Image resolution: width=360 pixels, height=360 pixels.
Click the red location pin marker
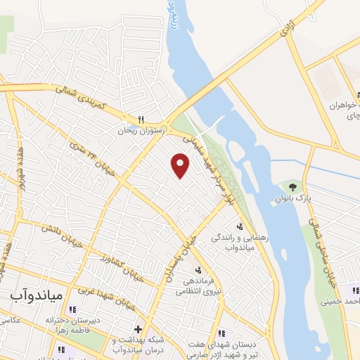(181, 166)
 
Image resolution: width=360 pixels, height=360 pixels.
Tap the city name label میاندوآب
(37, 295)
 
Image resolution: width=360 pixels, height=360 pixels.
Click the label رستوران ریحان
(140, 129)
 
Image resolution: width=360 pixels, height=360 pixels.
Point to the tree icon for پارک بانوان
(292, 187)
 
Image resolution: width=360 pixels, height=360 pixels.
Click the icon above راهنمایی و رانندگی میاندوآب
(240, 226)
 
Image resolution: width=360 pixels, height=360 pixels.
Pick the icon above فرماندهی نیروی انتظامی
(198, 270)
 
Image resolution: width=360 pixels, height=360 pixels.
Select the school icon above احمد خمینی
(355, 290)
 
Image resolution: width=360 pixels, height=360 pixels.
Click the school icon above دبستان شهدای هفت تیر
(221, 333)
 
